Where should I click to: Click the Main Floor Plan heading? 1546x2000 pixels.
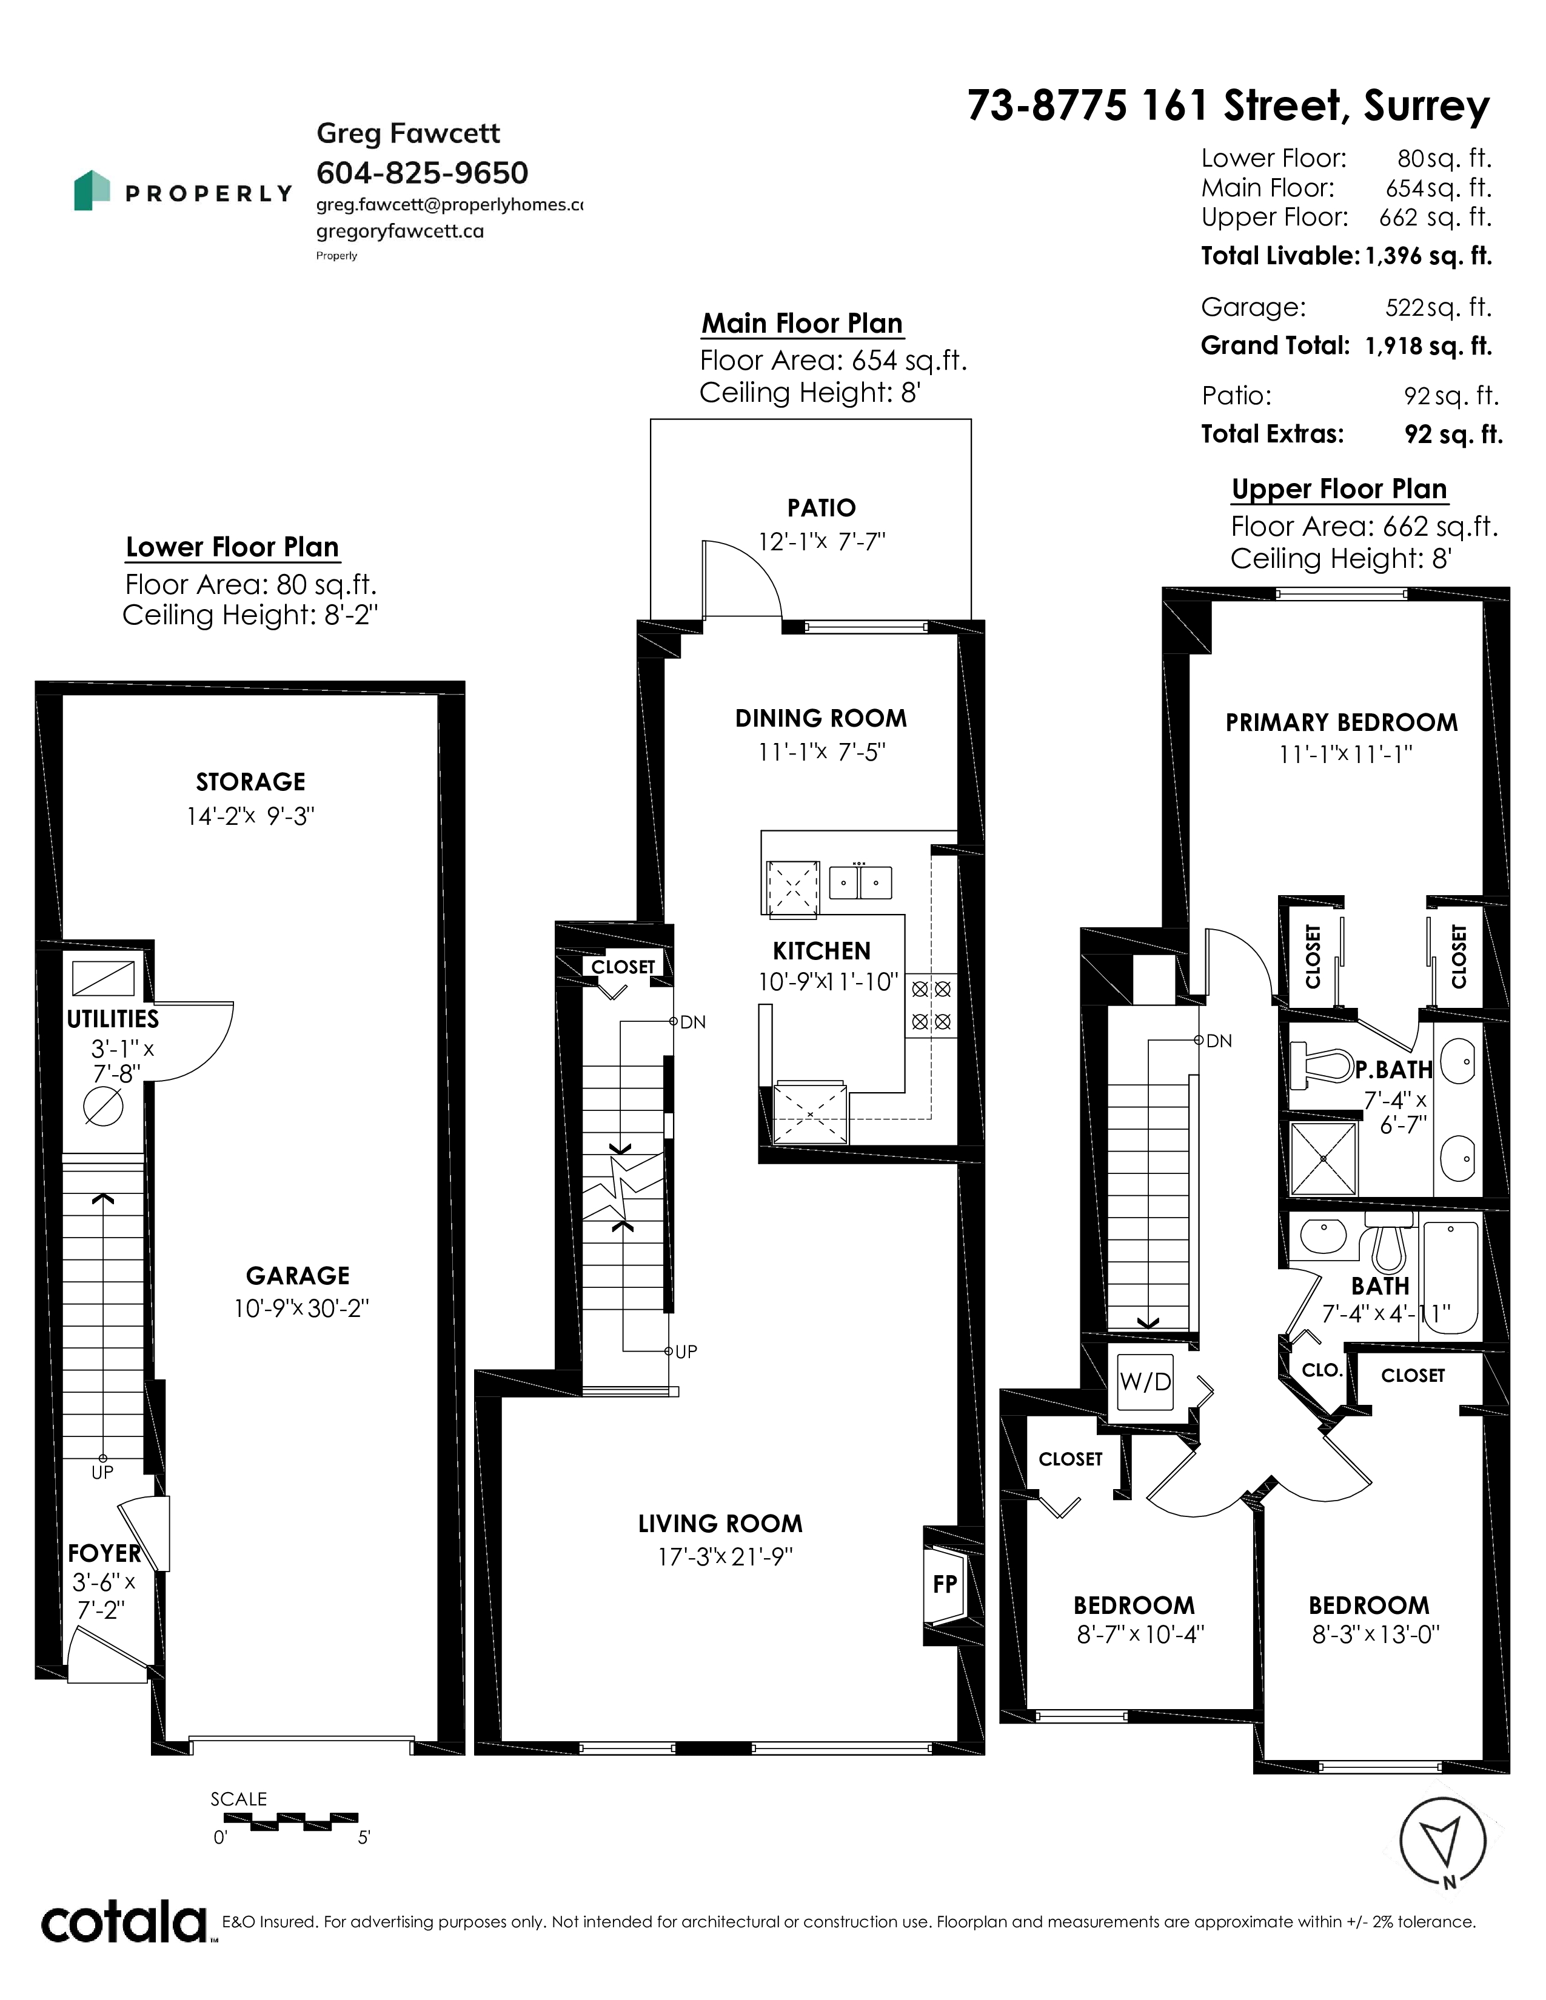point(802,323)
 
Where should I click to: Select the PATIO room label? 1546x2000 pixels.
point(822,508)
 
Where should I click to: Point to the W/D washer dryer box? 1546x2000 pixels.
point(1145,1382)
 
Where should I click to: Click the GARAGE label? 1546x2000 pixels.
point(298,1276)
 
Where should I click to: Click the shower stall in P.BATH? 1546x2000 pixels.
point(1322,1158)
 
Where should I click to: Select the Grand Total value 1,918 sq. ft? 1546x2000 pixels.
point(1429,346)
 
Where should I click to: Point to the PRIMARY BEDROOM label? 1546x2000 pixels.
point(1341,722)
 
